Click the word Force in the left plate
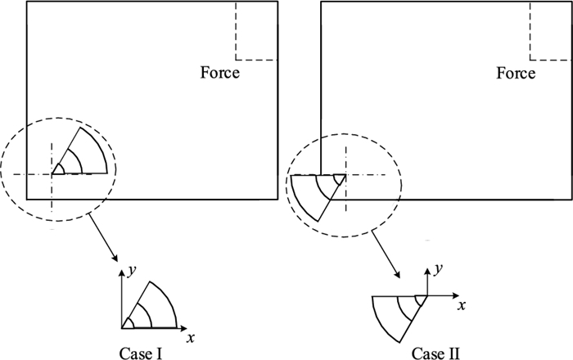[x=220, y=74]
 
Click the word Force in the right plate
[x=516, y=74]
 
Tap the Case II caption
[x=437, y=353]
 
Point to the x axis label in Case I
[x=191, y=336]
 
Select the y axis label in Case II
[x=439, y=268]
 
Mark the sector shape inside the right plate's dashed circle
[x=318, y=196]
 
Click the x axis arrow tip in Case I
[x=193, y=328]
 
